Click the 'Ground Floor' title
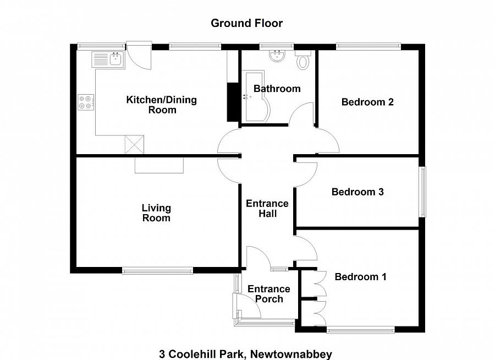pyautogui.click(x=247, y=23)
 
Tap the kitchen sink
pyautogui.click(x=109, y=58)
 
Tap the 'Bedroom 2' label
pyautogui.click(x=367, y=102)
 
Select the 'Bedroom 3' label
pyautogui.click(x=357, y=192)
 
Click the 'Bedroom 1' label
pyautogui.click(x=360, y=277)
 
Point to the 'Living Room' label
pyautogui.click(x=156, y=213)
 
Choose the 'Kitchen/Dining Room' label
pyautogui.click(x=162, y=105)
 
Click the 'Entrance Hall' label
pyautogui.click(x=267, y=208)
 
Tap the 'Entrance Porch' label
pyautogui.click(x=268, y=294)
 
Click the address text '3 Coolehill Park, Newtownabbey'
pyautogui.click(x=246, y=354)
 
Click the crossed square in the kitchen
pyautogui.click(x=134, y=145)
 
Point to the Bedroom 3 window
pyautogui.click(x=423, y=192)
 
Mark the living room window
pyautogui.click(x=157, y=270)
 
